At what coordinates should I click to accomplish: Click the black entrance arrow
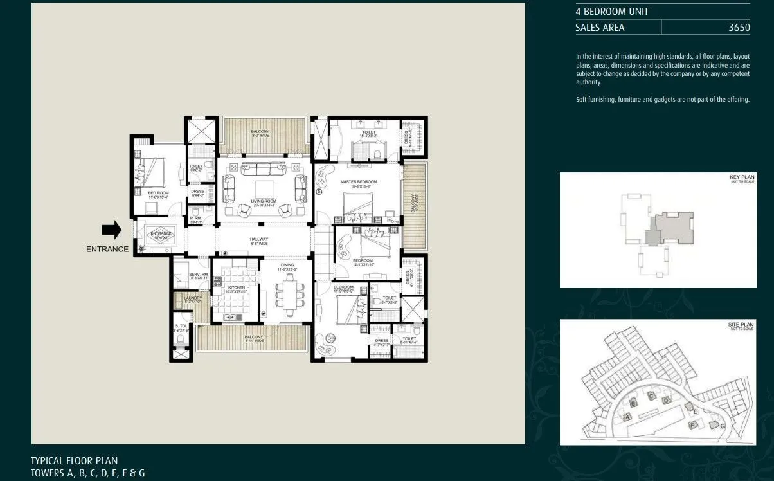pos(112,230)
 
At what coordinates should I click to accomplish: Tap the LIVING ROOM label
pos(264,202)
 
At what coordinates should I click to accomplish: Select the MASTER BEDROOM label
pos(358,182)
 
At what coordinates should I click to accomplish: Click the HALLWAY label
pos(259,239)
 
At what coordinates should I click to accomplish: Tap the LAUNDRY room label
pos(193,298)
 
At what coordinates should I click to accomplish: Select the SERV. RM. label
pos(199,275)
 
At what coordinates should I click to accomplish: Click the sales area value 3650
pos(739,27)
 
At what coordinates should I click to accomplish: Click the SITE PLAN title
pos(740,325)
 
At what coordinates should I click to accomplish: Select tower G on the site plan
pos(723,426)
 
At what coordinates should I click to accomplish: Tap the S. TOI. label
pos(181,327)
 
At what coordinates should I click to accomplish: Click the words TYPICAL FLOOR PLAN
pos(74,461)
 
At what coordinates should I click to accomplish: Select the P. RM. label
pos(195,219)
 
